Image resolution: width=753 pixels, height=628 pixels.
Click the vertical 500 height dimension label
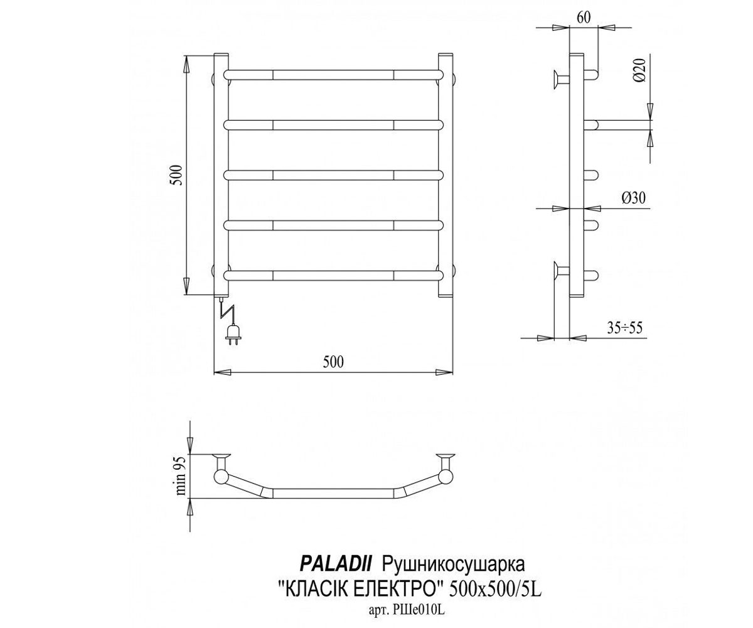point(177,175)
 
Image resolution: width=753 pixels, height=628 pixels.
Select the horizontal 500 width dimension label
point(333,362)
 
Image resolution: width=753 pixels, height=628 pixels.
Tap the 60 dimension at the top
point(584,18)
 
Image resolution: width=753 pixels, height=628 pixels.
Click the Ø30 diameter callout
point(634,198)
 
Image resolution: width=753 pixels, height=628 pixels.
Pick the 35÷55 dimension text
point(624,328)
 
